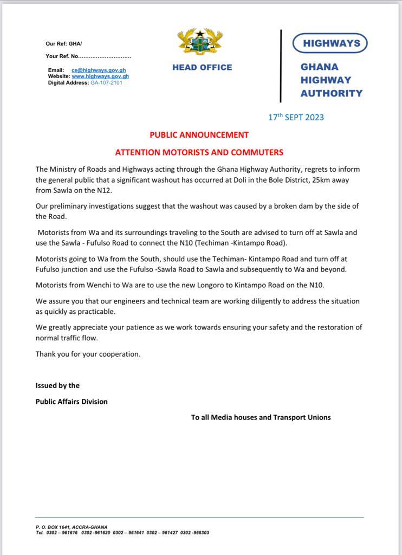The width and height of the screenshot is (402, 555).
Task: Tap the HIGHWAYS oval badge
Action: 330,43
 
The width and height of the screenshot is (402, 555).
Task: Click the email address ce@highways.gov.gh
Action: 99,70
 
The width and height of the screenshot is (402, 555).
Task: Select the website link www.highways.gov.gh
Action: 100,76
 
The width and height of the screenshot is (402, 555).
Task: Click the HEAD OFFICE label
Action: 202,68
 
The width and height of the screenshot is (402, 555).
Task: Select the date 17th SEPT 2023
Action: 296,117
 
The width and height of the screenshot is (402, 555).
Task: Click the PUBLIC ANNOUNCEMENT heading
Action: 199,135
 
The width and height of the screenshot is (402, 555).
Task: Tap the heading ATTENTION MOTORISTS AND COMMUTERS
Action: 199,152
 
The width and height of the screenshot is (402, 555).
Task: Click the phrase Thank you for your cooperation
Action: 88,354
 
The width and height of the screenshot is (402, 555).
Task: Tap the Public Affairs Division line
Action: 72,402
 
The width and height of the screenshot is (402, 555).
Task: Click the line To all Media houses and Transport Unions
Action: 261,417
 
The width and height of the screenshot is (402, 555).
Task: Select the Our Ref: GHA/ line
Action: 64,44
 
